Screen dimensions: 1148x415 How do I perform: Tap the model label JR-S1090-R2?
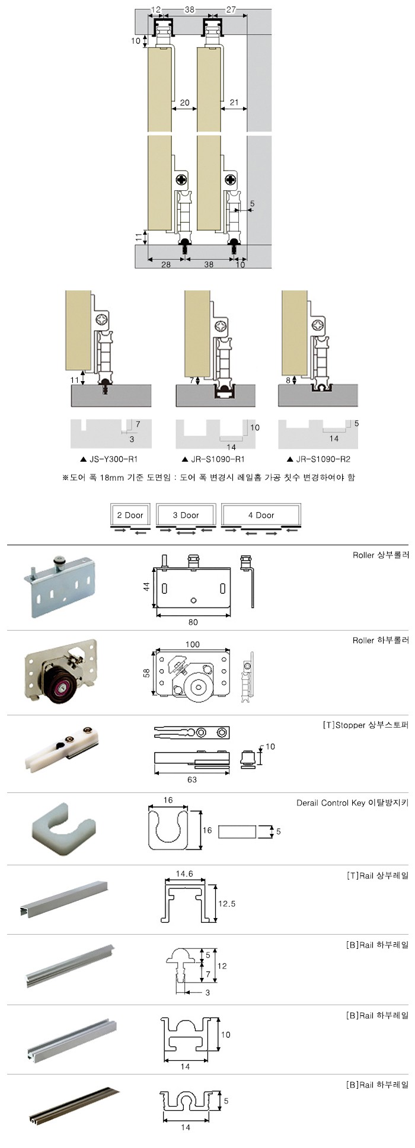click(323, 459)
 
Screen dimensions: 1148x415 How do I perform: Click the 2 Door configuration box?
click(130, 515)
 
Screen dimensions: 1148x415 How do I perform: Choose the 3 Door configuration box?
click(186, 515)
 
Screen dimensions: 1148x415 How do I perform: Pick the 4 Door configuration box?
click(261, 515)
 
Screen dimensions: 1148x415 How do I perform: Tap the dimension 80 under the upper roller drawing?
click(193, 622)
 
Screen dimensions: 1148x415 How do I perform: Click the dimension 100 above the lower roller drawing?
click(193, 644)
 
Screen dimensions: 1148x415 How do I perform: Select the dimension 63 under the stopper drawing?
click(191, 779)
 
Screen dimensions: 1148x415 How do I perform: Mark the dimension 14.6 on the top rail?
click(184, 874)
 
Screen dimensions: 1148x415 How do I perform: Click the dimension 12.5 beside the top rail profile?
click(226, 904)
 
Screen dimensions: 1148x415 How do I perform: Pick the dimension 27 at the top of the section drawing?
click(231, 9)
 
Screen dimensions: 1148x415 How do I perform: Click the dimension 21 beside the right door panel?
click(234, 103)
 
